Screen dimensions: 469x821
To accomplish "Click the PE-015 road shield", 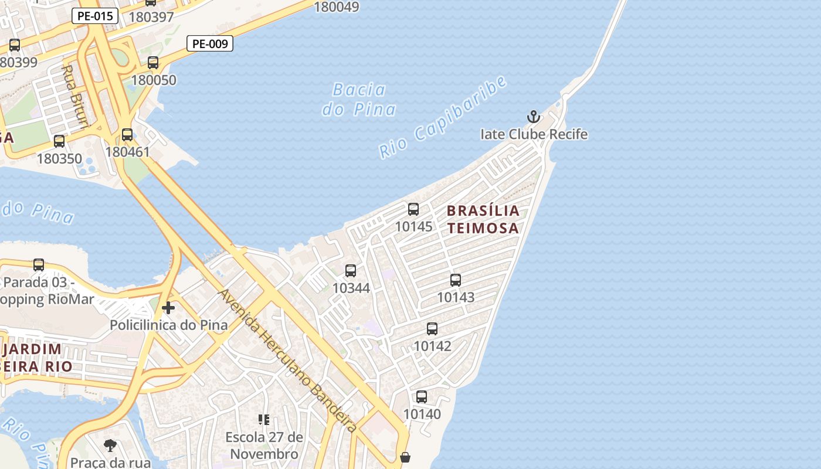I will tap(95, 16).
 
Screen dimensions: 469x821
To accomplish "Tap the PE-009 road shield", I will tap(210, 43).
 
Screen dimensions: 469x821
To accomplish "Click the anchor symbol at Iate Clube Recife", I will tap(533, 117).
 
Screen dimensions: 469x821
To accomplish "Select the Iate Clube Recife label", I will tap(534, 134).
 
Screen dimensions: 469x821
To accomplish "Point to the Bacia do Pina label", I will tap(359, 99).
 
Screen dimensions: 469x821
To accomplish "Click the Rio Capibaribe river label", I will tap(443, 117).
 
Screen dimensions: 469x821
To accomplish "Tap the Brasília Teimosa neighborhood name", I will tap(483, 219).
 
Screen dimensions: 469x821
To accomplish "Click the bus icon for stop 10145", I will tap(413, 209).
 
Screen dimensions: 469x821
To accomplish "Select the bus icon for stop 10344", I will tap(351, 271).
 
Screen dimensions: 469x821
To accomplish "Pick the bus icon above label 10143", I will tap(456, 280).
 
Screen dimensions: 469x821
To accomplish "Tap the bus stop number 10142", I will tap(432, 346).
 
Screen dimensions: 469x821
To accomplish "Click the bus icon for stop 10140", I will tap(422, 397).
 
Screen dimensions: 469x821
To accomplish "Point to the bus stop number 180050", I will tap(154, 80).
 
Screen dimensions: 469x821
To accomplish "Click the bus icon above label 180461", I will tap(127, 135).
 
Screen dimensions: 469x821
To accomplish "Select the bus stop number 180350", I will tap(59, 158).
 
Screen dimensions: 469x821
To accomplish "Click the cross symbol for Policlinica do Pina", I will tap(168, 308).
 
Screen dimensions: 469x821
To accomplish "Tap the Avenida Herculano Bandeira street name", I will tap(287, 361).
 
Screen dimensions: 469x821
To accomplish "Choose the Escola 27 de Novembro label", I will tap(264, 446).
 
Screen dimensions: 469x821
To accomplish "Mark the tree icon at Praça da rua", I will tap(110, 446).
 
